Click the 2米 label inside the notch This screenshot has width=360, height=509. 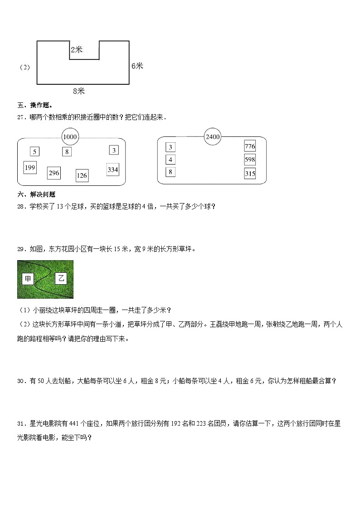click(x=77, y=50)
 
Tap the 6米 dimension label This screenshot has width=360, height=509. click(x=137, y=66)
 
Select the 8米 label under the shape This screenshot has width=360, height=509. click(x=79, y=91)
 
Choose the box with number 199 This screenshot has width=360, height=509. click(x=30, y=168)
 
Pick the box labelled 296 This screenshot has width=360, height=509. click(x=54, y=173)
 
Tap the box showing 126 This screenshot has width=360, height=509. click(x=82, y=175)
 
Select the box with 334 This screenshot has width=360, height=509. click(x=112, y=170)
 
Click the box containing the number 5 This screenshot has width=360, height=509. click(x=35, y=152)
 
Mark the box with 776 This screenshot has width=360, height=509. click(x=250, y=146)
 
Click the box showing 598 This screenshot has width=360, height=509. click(x=250, y=160)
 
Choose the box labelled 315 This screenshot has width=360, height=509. click(x=250, y=174)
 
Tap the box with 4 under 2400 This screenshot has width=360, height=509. click(x=170, y=160)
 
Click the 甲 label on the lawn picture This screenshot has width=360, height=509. click(x=28, y=279)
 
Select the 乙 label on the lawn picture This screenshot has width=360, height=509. click(x=61, y=279)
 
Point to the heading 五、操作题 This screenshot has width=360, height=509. click(x=35, y=106)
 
